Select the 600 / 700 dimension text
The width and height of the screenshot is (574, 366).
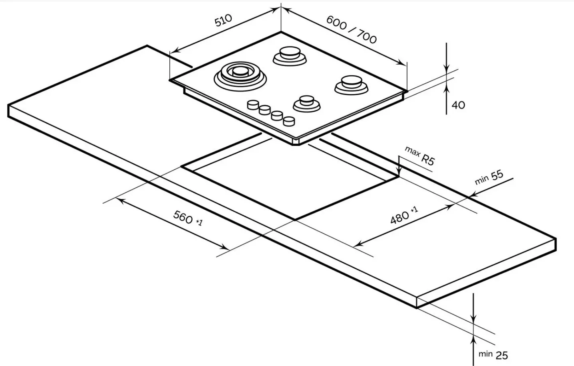351,29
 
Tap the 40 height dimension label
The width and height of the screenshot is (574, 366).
458,105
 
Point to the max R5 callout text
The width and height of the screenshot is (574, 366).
419,155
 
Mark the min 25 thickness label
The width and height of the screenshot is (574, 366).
493,354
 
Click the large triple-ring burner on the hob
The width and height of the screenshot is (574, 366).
240,74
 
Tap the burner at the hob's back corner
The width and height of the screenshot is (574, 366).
290,55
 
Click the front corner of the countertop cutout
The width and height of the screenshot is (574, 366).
295,219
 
